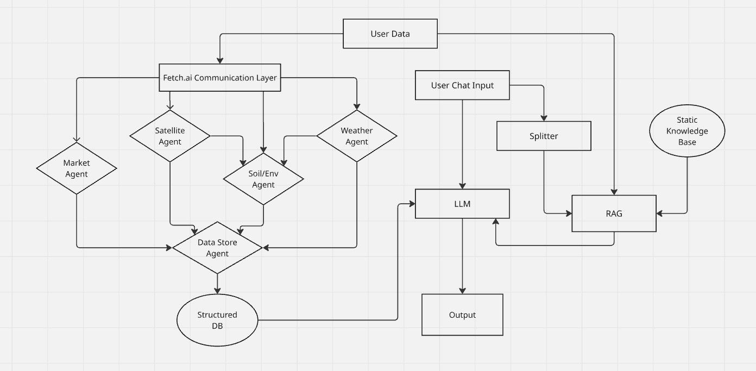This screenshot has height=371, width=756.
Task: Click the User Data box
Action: [390, 34]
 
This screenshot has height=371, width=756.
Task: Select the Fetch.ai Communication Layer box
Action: [220, 78]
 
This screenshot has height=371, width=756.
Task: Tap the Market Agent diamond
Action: [77, 168]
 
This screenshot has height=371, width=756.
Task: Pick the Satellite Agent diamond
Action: [170, 136]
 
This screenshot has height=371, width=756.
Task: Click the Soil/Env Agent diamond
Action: [263, 179]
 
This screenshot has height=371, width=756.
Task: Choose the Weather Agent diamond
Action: [357, 136]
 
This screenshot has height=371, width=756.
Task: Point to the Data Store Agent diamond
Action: [217, 248]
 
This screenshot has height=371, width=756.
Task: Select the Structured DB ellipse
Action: [217, 320]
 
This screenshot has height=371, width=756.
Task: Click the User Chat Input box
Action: [462, 85]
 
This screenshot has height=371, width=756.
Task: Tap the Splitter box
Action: [544, 136]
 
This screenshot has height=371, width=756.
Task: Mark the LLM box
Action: [462, 204]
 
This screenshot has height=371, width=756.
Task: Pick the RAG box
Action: [614, 213]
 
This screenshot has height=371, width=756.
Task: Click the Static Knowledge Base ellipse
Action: [687, 130]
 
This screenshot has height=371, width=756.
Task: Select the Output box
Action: [462, 315]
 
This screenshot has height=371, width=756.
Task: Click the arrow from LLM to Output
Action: [462, 255]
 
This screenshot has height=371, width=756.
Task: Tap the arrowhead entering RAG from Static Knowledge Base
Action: [660, 213]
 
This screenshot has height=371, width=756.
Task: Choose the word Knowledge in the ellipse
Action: [687, 131]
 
